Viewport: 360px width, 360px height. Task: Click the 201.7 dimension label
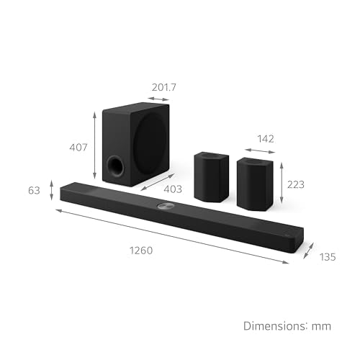165,87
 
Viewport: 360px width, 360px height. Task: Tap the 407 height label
78,148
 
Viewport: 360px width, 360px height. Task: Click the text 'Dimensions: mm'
286,325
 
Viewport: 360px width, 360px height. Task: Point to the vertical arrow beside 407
95,146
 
